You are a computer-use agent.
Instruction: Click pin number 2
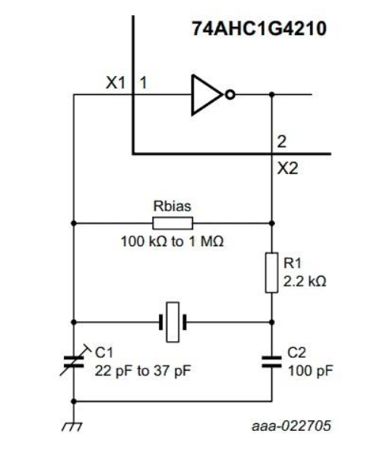(x=281, y=142)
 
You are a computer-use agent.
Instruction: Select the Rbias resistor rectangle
(x=173, y=223)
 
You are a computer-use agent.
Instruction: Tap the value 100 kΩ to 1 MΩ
(x=172, y=241)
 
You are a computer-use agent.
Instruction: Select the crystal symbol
(x=173, y=320)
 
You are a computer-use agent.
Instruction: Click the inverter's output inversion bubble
(x=228, y=94)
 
